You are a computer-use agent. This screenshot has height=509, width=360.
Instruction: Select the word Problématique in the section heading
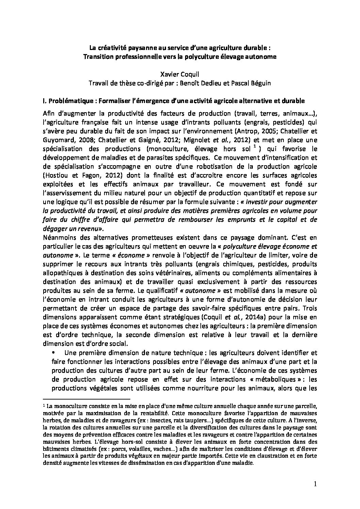70,101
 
